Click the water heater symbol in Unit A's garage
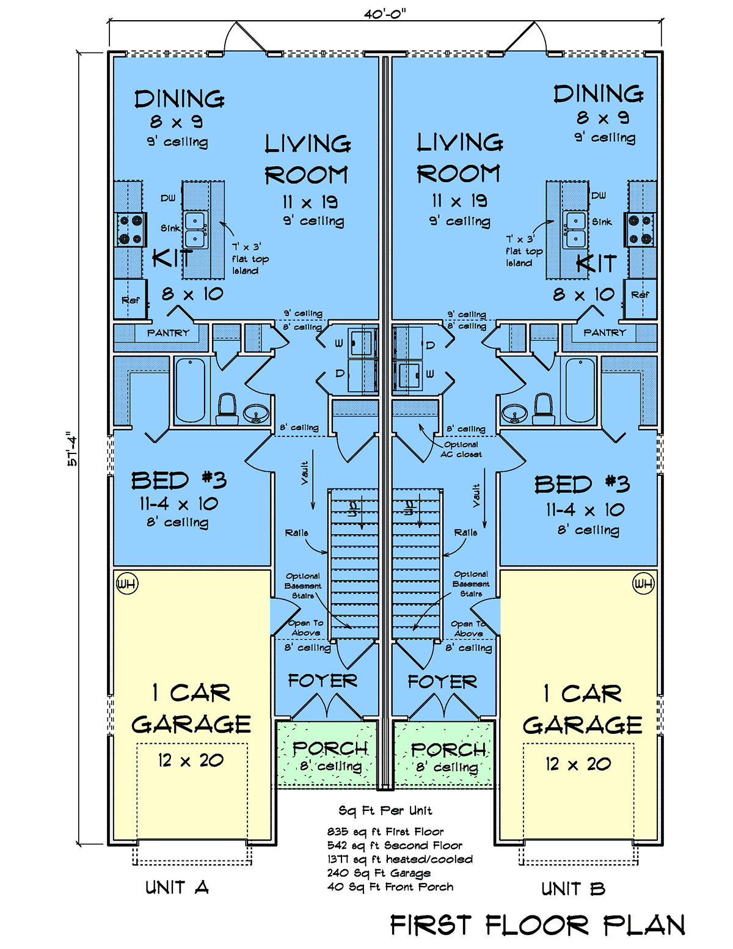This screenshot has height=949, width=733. tap(127, 584)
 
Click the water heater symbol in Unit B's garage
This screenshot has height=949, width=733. tap(643, 584)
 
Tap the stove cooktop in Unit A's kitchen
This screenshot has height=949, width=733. tap(131, 229)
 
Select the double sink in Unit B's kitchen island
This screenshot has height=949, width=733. tap(576, 230)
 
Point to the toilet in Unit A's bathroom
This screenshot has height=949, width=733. tap(227, 409)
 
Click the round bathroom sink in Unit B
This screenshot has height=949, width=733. tap(514, 412)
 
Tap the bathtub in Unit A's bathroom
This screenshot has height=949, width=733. tap(191, 390)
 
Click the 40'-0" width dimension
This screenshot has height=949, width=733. tap(385, 15)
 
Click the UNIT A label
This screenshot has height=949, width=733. tap(177, 888)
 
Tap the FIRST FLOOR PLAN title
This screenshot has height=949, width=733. tap(538, 925)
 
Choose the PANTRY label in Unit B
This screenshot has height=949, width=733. tap(604, 332)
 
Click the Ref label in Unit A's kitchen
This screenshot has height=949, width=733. tap(131, 300)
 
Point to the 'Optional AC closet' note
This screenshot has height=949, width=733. tap(461, 449)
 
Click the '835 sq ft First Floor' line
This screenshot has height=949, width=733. tap(385, 832)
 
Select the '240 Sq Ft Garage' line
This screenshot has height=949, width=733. tap(379, 873)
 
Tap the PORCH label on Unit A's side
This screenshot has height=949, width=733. tap(330, 748)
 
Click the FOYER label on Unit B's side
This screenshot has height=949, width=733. tap(442, 681)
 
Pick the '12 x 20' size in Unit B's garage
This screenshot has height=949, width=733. tap(578, 764)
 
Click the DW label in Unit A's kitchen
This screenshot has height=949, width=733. tap(168, 198)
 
